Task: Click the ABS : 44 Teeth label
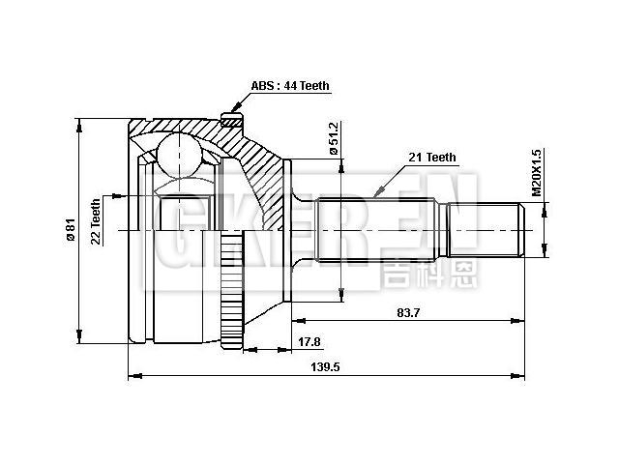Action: (x=290, y=86)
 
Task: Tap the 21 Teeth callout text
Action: (x=429, y=157)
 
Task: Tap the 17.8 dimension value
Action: (x=309, y=341)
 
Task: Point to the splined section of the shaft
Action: (x=377, y=231)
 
